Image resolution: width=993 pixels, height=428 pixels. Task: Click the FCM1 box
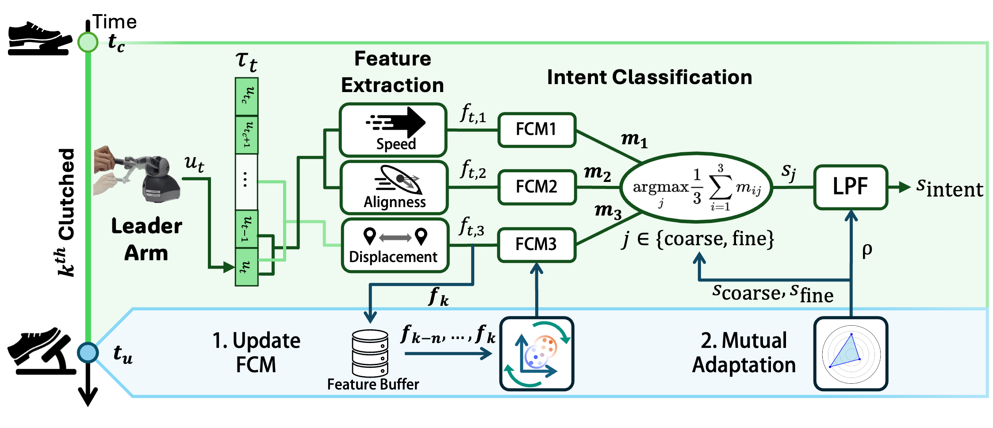[x=537, y=130]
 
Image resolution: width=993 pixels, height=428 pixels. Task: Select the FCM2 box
[x=537, y=187]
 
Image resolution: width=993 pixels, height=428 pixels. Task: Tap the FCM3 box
[x=537, y=244]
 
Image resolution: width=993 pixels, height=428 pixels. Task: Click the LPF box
[x=851, y=187]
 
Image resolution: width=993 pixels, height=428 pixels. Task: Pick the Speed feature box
[x=393, y=130]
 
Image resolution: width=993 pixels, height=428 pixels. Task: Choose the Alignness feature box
[x=394, y=188]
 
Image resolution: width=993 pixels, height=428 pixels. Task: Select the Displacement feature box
[x=395, y=245]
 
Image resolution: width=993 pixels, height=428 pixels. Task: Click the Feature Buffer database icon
[x=370, y=353]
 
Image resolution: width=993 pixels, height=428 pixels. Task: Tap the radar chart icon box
[x=851, y=354]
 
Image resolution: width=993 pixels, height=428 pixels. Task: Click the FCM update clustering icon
[x=537, y=354]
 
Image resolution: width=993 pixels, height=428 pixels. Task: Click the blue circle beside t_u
[x=88, y=353]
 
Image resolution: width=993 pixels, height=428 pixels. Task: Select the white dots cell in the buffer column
[x=246, y=181]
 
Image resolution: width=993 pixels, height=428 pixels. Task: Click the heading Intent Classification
[x=649, y=77]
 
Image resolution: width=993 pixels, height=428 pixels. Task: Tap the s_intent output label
[x=949, y=188]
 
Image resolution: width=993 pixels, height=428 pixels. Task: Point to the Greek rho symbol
[x=867, y=250]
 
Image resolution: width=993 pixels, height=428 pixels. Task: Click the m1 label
[x=634, y=140]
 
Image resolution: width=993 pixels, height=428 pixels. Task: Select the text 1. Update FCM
[x=256, y=353]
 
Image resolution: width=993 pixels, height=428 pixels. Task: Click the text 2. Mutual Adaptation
[x=744, y=353]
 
